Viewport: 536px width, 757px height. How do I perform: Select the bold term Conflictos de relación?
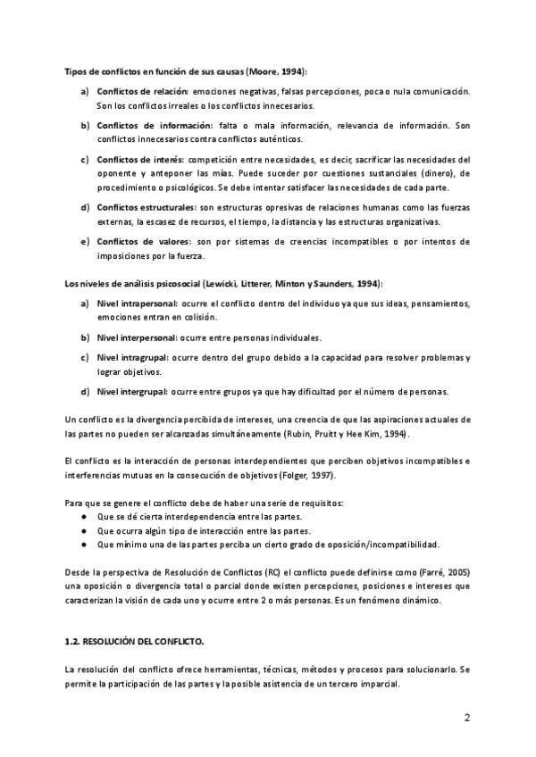point(142,92)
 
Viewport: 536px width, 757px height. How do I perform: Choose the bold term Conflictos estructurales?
point(146,207)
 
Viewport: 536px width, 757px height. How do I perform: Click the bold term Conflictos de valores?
point(141,241)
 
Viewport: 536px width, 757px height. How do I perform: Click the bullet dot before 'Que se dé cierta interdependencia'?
point(83,517)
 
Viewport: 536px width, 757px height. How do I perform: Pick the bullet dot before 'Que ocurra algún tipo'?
point(83,530)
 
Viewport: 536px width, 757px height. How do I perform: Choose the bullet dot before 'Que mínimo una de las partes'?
point(83,544)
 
